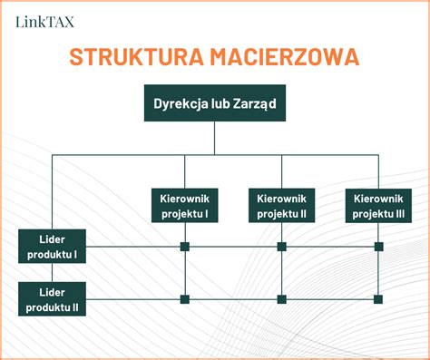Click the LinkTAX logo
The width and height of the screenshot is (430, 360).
tap(45, 20)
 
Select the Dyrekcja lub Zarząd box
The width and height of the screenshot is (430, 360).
tap(215, 103)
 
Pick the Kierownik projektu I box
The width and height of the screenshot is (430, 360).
tap(185, 206)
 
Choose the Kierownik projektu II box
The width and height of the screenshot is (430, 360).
tap(281, 206)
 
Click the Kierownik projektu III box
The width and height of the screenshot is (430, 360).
tap(378, 206)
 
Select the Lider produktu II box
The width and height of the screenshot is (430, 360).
tap(53, 299)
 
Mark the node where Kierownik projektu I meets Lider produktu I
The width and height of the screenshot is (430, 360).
tap(185, 247)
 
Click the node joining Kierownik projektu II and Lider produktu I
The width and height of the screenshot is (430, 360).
tap(281, 247)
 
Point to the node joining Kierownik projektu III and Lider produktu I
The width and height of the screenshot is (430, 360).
tap(378, 247)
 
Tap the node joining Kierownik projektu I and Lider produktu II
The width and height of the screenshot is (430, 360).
tap(185, 299)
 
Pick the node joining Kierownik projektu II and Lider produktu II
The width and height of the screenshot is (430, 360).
tap(281, 299)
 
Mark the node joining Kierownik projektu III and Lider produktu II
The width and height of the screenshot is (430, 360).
tap(378, 299)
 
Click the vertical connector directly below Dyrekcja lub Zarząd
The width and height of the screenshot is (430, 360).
tap(215, 139)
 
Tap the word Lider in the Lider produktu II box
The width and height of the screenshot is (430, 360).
tap(53, 292)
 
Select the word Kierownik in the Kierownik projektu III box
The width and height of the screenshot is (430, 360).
tap(378, 199)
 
